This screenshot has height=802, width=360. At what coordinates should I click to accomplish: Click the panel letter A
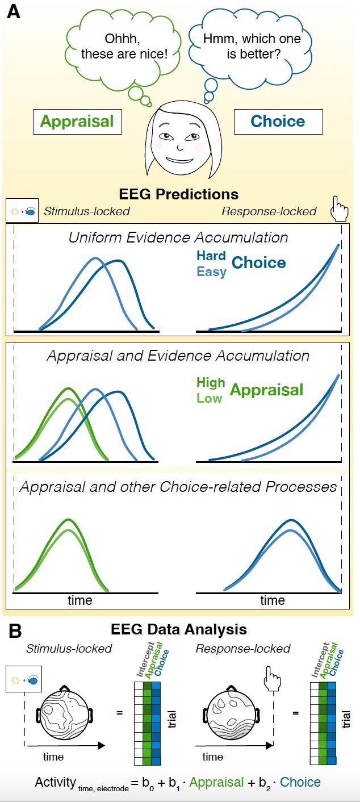click(x=14, y=12)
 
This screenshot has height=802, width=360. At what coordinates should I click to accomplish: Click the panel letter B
click(x=15, y=631)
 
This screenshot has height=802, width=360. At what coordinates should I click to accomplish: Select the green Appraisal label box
click(x=77, y=122)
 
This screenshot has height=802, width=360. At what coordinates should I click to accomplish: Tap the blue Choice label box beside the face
click(x=278, y=122)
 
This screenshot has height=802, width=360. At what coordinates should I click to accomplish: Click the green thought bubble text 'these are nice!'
click(x=124, y=54)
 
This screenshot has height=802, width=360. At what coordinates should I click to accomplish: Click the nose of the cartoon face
click(x=179, y=147)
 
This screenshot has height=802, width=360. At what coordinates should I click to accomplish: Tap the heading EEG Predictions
click(x=178, y=194)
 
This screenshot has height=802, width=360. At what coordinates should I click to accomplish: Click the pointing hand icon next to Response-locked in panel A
click(x=338, y=209)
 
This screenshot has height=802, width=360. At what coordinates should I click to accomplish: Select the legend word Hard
click(x=211, y=256)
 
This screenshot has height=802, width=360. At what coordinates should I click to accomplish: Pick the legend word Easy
click(x=211, y=271)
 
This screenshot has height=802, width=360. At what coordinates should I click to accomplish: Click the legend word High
click(x=211, y=382)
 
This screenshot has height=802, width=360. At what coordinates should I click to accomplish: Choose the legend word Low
click(x=210, y=399)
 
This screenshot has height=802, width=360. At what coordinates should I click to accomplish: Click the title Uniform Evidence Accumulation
click(x=178, y=238)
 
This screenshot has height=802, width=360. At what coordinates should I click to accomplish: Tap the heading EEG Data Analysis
click(x=178, y=629)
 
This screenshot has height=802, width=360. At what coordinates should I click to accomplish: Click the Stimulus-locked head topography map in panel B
click(x=64, y=712)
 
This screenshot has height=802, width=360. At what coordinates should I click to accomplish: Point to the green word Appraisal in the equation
click(x=216, y=782)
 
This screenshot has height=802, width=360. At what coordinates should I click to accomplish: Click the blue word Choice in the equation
click(x=300, y=782)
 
